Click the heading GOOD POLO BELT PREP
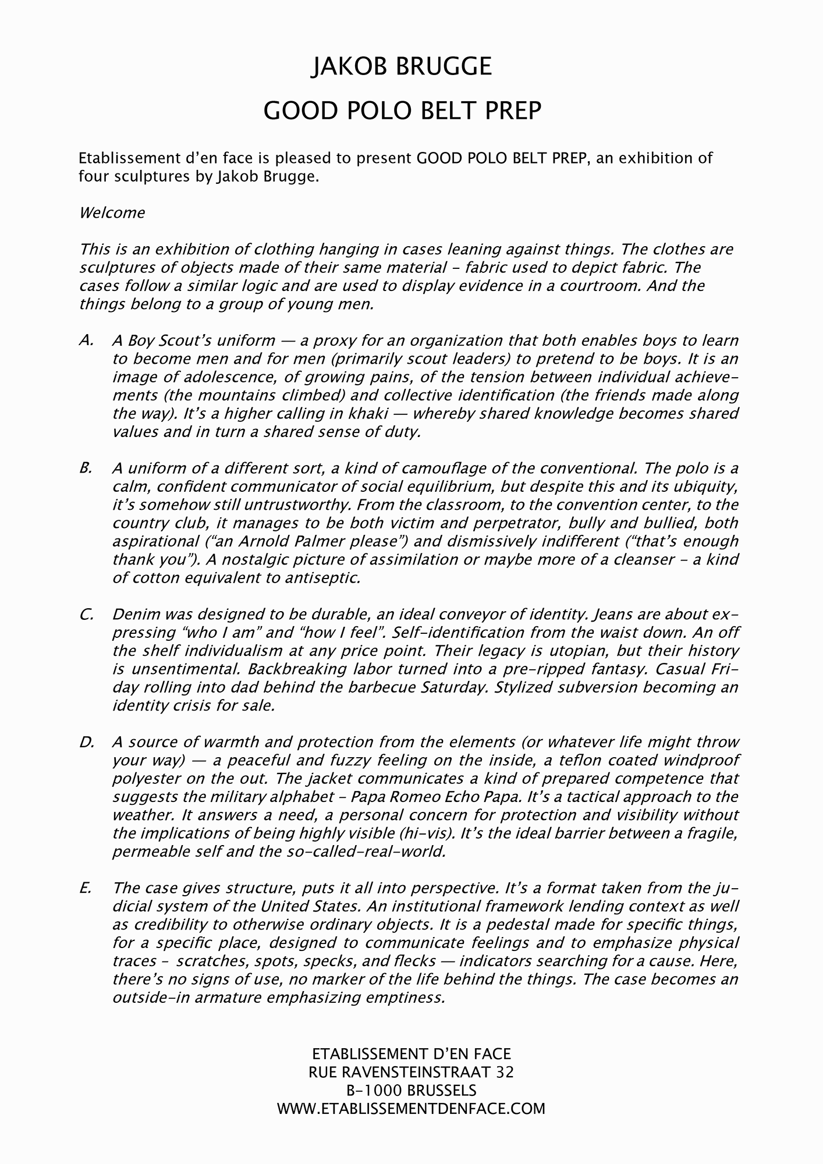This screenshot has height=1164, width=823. point(402,111)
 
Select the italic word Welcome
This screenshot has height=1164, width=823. point(112,212)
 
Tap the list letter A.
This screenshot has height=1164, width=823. point(86,340)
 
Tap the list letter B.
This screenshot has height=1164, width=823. point(86,468)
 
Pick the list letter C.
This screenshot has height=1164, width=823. point(86,614)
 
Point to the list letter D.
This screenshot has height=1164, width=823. point(86,742)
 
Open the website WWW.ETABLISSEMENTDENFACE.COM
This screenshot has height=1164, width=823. point(411,1108)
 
